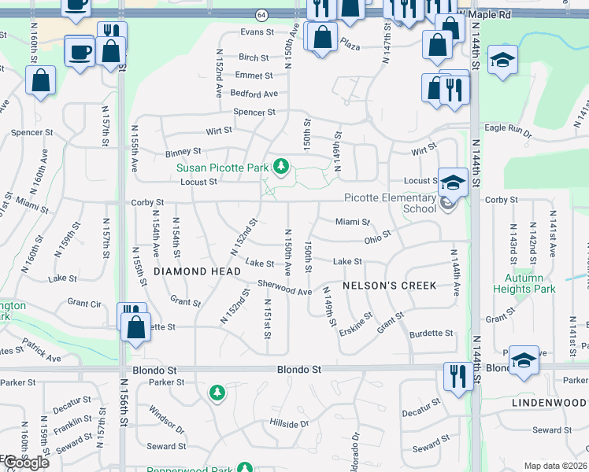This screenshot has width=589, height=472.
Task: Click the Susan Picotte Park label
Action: pos(223,168)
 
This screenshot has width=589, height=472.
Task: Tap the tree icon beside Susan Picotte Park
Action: pos(280,167)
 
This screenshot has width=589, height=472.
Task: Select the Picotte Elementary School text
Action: pos(391,203)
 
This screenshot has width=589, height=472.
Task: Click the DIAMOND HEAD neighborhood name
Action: pos(197,271)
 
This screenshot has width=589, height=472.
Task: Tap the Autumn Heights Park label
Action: pos(524,283)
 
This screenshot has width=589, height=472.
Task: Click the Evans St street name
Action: pos(256,32)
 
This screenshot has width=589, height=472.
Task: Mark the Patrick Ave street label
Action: pos(41,352)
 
